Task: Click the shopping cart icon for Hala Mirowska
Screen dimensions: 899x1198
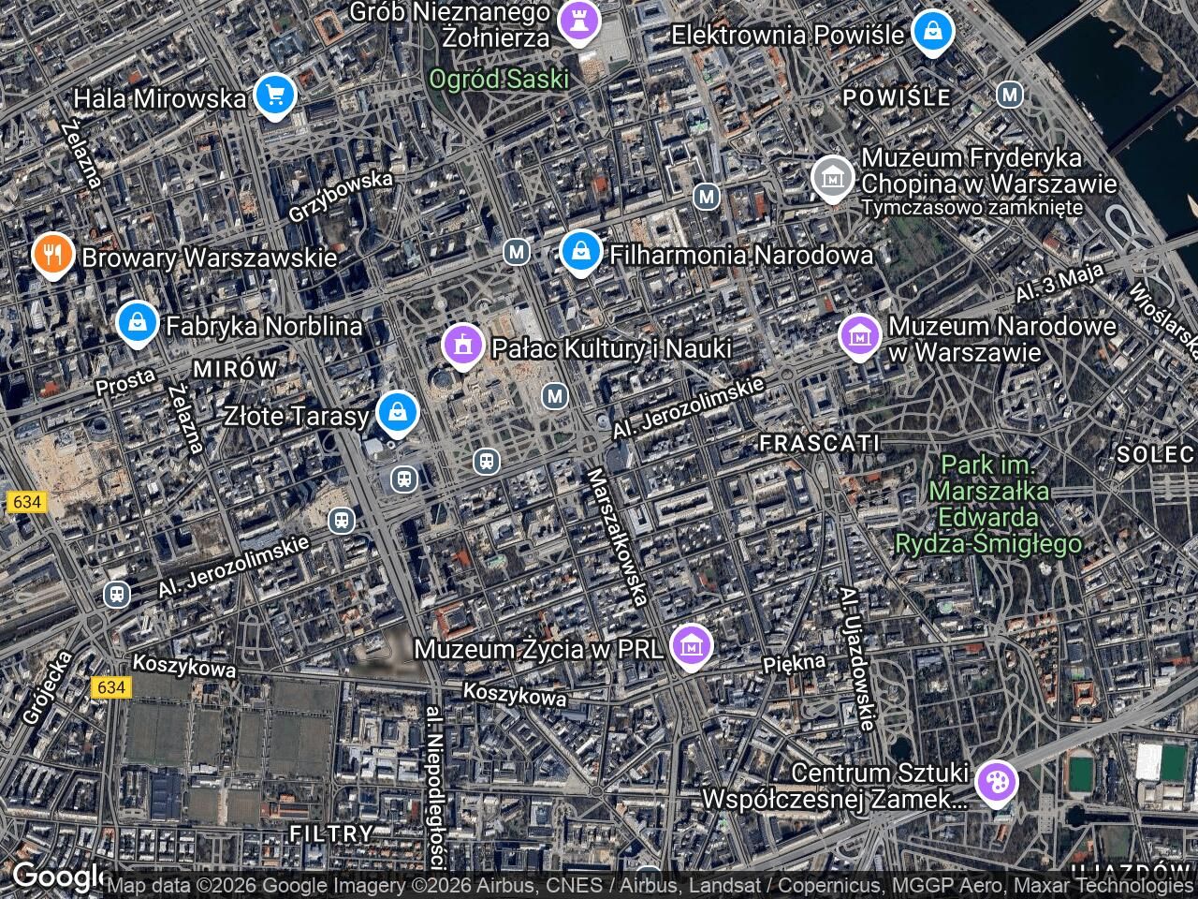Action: pyautogui.click(x=274, y=95)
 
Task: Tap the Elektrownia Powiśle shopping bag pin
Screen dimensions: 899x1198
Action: pyautogui.click(x=932, y=32)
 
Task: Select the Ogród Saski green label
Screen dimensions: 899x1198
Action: pyautogui.click(x=499, y=79)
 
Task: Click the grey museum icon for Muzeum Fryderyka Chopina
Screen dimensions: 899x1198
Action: pyautogui.click(x=831, y=177)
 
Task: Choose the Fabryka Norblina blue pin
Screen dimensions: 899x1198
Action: pyautogui.click(x=139, y=323)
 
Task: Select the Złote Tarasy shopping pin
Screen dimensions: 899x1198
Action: pyautogui.click(x=398, y=411)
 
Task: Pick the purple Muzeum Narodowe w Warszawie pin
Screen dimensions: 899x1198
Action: pyautogui.click(x=859, y=335)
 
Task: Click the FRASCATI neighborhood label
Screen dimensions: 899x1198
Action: pyautogui.click(x=819, y=442)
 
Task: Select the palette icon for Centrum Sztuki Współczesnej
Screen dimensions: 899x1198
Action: pyautogui.click(x=994, y=780)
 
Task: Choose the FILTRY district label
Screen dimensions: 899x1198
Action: pyautogui.click(x=331, y=833)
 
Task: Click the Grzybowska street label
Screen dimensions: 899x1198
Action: pyautogui.click(x=340, y=196)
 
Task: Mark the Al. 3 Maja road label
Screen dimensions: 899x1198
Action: pyautogui.click(x=1060, y=283)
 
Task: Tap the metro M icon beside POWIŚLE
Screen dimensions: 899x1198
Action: pyautogui.click(x=1009, y=95)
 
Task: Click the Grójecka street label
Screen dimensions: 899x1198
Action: pyautogui.click(x=45, y=688)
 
